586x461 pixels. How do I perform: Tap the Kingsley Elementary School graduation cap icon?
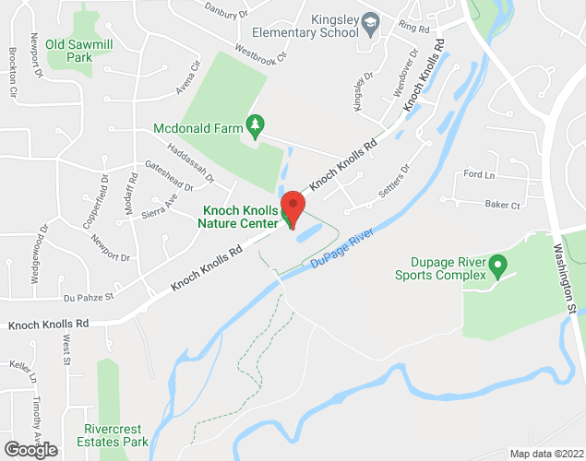[x=370, y=21]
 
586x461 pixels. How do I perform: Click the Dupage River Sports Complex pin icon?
[x=498, y=266]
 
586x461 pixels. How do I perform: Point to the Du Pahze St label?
[x=89, y=297]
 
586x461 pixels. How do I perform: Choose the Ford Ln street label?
[x=479, y=174]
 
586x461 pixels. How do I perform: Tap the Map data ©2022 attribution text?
[x=546, y=454]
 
